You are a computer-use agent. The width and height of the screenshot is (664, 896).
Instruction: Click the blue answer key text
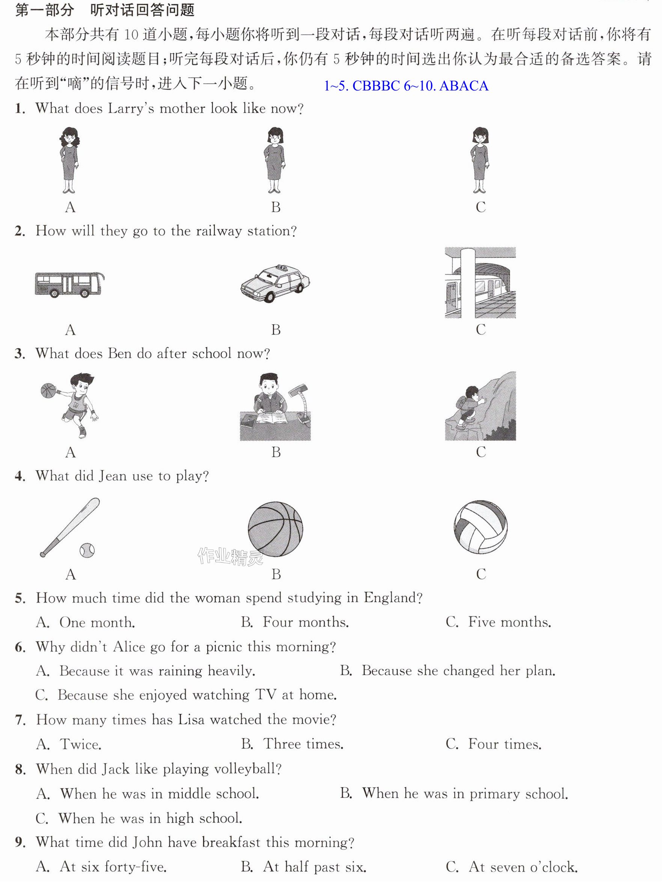pyautogui.click(x=406, y=86)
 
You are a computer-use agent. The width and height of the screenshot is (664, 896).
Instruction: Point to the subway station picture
pyautogui.click(x=480, y=283)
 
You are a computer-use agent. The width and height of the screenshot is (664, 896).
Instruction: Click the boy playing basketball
pyautogui.click(x=70, y=405)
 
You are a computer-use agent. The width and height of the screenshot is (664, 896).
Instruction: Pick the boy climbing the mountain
pyautogui.click(x=480, y=406)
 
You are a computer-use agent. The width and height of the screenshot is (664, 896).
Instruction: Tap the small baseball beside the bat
pyautogui.click(x=87, y=550)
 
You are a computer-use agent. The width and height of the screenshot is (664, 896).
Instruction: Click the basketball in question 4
pyautogui.click(x=276, y=529)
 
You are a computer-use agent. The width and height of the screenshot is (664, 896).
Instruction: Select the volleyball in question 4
pyautogui.click(x=481, y=527)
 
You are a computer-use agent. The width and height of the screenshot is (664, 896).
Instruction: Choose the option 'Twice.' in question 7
pyautogui.click(x=81, y=744)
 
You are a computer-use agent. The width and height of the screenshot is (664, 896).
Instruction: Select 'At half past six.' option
pyautogui.click(x=315, y=867)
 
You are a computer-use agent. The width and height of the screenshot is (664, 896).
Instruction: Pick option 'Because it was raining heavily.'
pyautogui.click(x=157, y=671)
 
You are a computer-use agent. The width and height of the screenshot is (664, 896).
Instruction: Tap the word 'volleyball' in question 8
pyautogui.click(x=245, y=770)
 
